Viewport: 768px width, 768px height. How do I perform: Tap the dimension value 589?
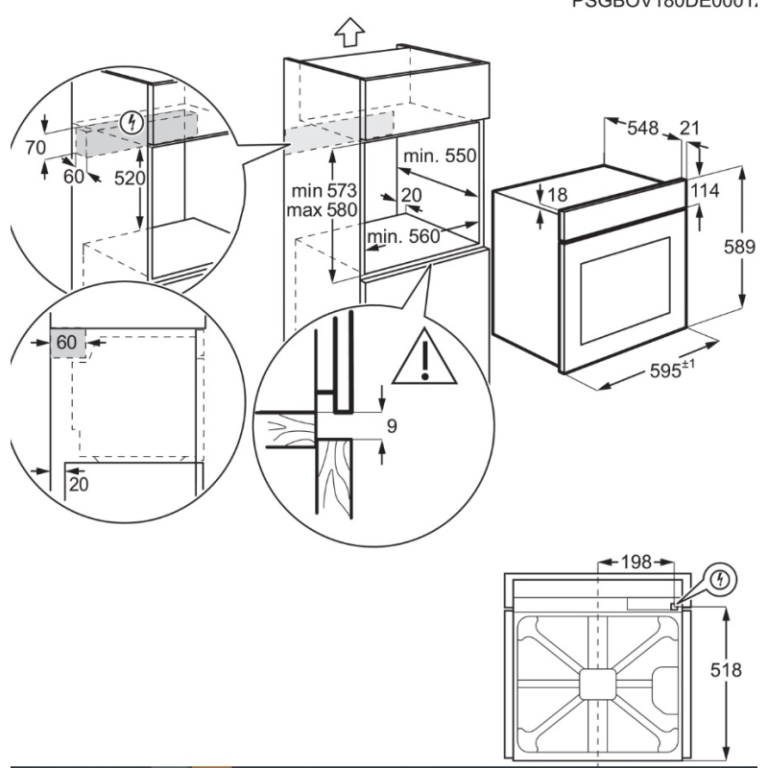pos(739,246)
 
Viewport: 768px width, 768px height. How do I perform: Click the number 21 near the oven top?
pos(688,127)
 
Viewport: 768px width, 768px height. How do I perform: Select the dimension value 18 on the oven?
pos(557,195)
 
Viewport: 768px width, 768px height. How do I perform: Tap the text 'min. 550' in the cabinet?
pos(440,156)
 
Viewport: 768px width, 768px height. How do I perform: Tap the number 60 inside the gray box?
pos(66,343)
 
